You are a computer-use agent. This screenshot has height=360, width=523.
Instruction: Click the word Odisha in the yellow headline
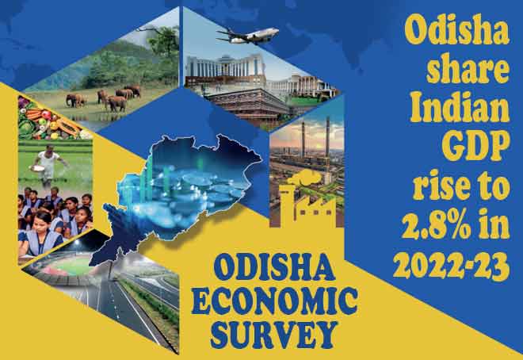(x=456, y=29)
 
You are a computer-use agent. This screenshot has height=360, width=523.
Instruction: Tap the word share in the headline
(x=468, y=67)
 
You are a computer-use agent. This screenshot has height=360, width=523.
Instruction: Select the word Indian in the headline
(x=460, y=106)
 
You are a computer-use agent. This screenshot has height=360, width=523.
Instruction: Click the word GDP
(x=476, y=146)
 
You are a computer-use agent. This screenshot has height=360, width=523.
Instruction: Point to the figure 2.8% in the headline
(x=437, y=224)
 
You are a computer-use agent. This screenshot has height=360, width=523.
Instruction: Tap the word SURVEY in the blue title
(x=274, y=335)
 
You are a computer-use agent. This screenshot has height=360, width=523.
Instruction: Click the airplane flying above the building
(x=248, y=36)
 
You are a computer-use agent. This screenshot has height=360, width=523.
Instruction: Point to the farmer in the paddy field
(x=48, y=164)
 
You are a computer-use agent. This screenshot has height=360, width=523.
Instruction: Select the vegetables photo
(x=50, y=118)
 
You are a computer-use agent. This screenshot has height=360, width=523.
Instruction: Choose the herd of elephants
(x=104, y=98)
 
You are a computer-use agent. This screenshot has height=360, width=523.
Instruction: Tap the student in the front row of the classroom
(x=40, y=234)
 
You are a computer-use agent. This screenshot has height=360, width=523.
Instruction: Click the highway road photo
(x=140, y=301)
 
